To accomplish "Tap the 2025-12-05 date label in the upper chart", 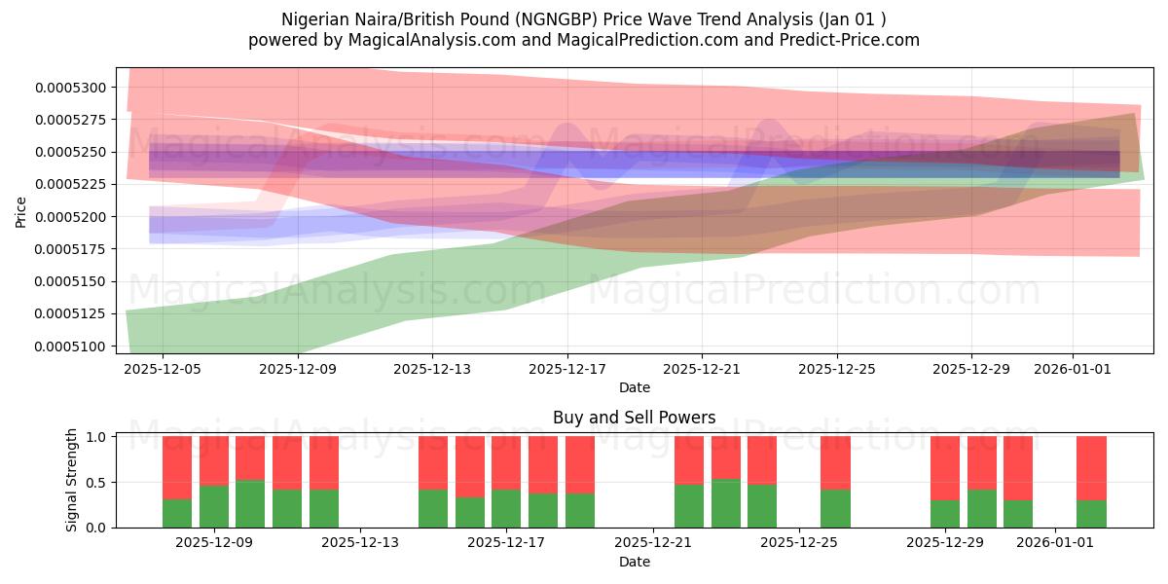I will tap(163, 370).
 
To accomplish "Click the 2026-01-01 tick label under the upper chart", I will tap(1072, 370).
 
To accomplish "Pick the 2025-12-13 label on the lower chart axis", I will tap(360, 543).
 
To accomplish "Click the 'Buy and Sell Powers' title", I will tap(634, 418).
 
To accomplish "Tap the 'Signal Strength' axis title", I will tap(72, 482).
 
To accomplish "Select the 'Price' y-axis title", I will tap(21, 211).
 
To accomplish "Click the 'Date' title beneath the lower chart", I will tap(634, 562).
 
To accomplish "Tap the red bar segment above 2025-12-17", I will tap(506, 462).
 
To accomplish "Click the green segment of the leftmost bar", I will tap(177, 513).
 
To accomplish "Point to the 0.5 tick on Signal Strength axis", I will tap(98, 482).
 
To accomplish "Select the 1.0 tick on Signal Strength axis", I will tap(98, 437).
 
